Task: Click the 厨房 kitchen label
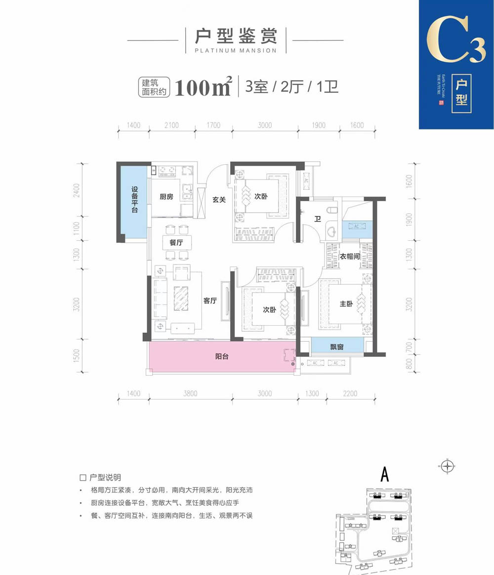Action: pyautogui.click(x=166, y=197)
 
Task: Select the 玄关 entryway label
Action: pyautogui.click(x=219, y=200)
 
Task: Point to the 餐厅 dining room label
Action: pyautogui.click(x=169, y=243)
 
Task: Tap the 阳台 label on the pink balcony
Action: pyautogui.click(x=222, y=356)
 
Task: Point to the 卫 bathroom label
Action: pyautogui.click(x=319, y=219)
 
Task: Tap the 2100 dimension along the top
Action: pyautogui.click(x=171, y=126)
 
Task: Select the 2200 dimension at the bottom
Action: pyautogui.click(x=350, y=394)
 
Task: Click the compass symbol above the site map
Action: pyautogui.click(x=447, y=466)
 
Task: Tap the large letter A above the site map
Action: pyautogui.click(x=385, y=475)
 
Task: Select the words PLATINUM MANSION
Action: pyautogui.click(x=236, y=50)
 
